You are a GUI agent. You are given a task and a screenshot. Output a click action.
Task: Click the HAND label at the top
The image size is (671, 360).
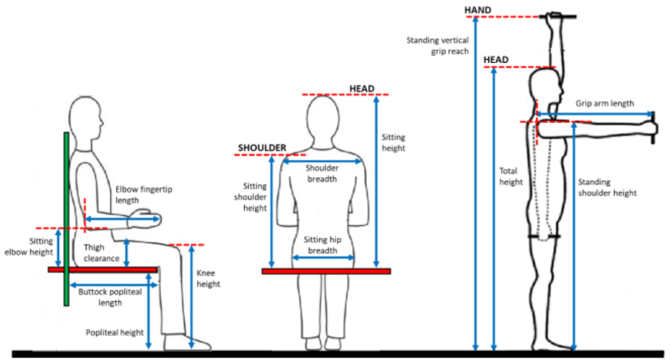point(478,10)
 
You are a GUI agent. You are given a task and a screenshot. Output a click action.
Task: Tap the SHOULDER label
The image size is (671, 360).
point(262,148)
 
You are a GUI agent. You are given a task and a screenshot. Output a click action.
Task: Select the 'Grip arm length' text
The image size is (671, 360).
point(605,104)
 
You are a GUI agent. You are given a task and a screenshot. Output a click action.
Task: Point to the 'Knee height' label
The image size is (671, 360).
point(208,278)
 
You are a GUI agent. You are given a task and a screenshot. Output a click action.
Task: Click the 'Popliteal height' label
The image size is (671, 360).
point(115,332)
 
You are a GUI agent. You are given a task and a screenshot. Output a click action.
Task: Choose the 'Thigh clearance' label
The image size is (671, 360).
point(102,253)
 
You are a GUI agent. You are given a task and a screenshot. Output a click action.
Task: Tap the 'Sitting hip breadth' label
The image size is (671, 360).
point(322,245)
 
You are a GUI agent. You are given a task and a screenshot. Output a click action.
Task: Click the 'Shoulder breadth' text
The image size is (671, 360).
point(322,174)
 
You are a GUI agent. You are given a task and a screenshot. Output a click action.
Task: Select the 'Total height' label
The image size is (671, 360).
point(511,176)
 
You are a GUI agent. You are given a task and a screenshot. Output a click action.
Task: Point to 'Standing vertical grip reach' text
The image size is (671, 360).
point(438,46)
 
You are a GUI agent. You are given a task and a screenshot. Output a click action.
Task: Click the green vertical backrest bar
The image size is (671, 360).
point(67,219)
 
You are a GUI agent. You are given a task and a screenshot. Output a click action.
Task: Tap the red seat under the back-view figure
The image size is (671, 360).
point(326,271)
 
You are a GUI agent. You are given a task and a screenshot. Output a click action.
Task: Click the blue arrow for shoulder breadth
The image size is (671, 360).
point(322,161)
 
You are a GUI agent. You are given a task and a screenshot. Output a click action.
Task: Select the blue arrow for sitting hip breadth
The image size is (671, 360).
point(323,257)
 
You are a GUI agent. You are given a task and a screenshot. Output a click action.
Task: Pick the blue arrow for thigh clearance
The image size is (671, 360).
point(127,253)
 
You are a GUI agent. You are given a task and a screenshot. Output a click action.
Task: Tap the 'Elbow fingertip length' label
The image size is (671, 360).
point(144,195)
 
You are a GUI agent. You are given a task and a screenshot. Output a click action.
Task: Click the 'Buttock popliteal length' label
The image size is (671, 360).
point(110,297)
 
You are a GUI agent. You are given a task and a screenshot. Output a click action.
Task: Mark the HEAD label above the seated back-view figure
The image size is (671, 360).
point(362,89)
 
